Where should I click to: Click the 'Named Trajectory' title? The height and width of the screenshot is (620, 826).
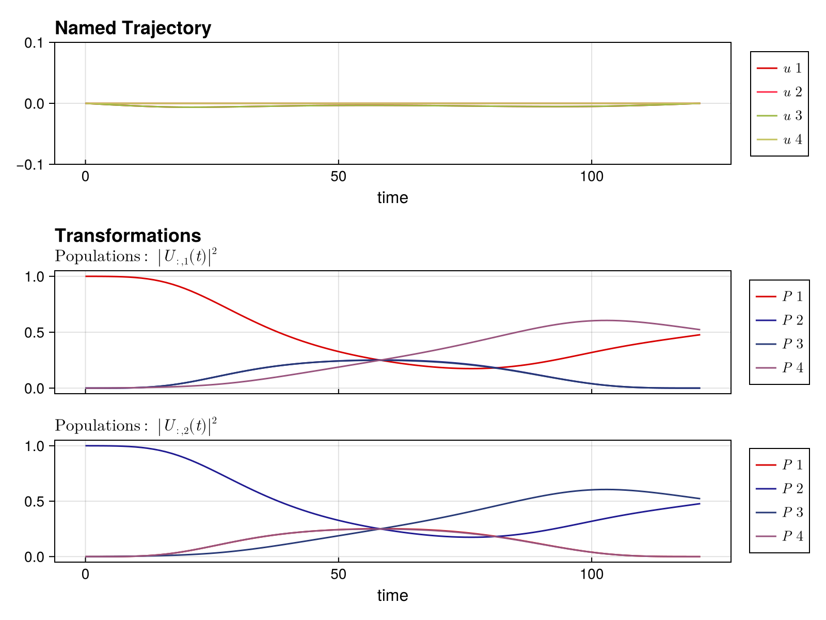[133, 28]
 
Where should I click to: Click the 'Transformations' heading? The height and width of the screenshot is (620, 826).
[128, 236]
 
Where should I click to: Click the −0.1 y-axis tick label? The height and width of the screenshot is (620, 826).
[33, 164]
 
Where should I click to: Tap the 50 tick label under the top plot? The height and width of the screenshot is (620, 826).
[338, 177]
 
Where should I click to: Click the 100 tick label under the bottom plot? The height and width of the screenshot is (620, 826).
[591, 574]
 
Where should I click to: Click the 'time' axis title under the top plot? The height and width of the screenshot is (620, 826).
[392, 197]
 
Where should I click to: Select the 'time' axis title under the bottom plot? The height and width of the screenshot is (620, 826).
[392, 595]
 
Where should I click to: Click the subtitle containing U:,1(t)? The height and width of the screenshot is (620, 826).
[136, 256]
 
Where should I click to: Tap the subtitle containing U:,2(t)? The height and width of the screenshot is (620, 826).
[136, 426]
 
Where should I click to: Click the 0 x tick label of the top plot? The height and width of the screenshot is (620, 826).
[85, 177]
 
